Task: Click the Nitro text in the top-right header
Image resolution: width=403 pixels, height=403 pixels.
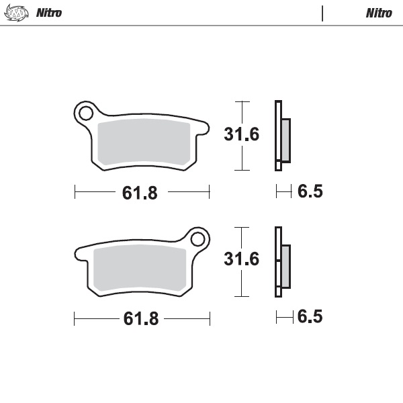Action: (x=379, y=13)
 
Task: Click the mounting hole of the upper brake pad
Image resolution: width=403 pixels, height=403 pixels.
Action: (x=85, y=113)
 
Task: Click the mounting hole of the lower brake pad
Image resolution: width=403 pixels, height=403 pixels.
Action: (x=197, y=238)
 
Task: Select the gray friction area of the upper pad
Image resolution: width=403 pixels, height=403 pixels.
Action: (x=144, y=142)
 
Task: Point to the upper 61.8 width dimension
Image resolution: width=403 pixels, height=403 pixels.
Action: (x=140, y=193)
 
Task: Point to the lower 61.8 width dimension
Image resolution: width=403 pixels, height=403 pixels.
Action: (x=140, y=318)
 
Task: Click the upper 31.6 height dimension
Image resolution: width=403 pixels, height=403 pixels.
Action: (x=241, y=134)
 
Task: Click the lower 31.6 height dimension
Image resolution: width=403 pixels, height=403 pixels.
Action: (x=241, y=259)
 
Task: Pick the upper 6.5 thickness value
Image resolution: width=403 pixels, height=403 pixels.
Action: (x=310, y=192)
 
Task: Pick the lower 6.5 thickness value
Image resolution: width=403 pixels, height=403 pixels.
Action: (x=310, y=316)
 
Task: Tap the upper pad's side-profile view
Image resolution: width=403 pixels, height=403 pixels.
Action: (x=281, y=136)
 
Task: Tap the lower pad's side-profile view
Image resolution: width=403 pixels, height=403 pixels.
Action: (x=281, y=262)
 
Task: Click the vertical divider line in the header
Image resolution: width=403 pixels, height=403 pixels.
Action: (x=322, y=13)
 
